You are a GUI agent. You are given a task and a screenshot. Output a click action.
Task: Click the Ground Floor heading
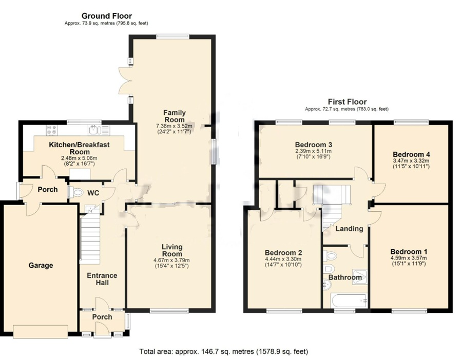click(x=107, y=16)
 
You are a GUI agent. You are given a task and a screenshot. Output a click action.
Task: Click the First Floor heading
click(x=347, y=102)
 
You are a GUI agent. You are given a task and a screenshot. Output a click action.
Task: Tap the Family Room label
click(x=174, y=116)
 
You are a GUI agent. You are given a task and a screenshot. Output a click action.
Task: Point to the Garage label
click(x=41, y=265)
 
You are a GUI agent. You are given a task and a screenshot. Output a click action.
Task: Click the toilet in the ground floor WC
click(x=78, y=193)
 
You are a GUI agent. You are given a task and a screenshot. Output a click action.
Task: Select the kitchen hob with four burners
click(x=52, y=130)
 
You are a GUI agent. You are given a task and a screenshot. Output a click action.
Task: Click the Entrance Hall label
click(x=102, y=279)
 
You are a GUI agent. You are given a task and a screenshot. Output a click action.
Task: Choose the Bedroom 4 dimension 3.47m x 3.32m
click(x=411, y=161)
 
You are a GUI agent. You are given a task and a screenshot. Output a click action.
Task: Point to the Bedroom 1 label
click(x=409, y=251)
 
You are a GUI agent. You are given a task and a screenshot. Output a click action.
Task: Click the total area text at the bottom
click(x=223, y=352)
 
